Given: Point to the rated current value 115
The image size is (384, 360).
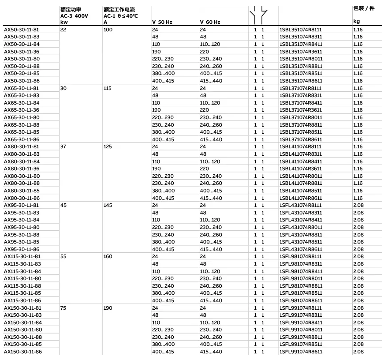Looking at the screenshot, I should tap(108, 88).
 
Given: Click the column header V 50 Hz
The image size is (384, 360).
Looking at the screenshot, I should tap(162, 22).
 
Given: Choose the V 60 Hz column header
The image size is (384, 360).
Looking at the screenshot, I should tap(210, 22).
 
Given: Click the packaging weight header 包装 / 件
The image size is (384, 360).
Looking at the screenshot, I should tap(364, 9).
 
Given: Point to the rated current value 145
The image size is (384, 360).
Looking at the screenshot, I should tap(108, 205).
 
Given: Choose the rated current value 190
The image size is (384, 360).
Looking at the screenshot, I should tap(108, 308).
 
